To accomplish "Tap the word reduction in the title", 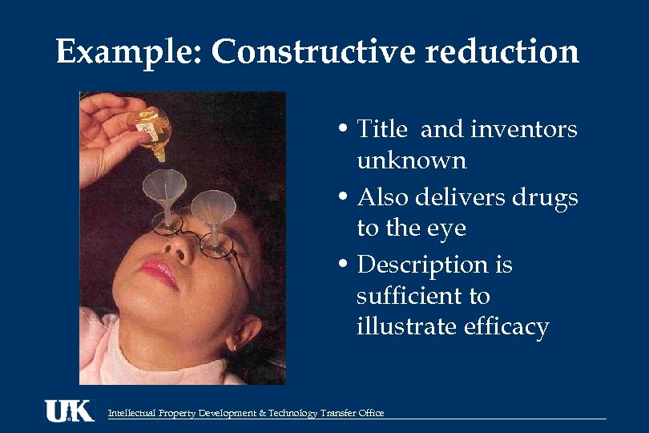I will (x=502, y=53).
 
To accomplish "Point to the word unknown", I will (x=411, y=160).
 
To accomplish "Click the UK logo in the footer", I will (x=69, y=411).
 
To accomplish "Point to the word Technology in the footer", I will (x=290, y=413).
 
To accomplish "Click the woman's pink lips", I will (x=159, y=273).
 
